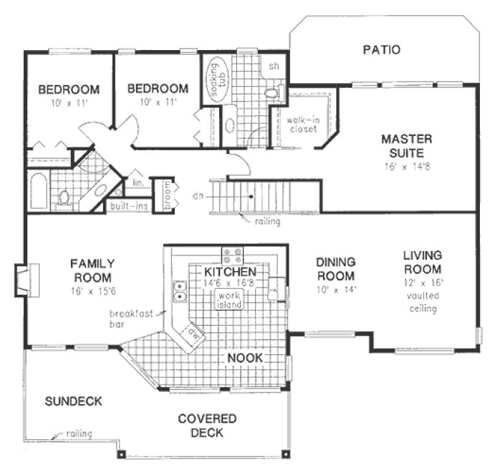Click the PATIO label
click(x=380, y=50)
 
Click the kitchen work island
click(x=229, y=300)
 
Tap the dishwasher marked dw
click(x=192, y=332)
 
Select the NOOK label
click(x=246, y=356)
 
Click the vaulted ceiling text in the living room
click(x=421, y=302)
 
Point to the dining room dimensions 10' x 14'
click(x=335, y=289)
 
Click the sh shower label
click(x=273, y=67)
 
